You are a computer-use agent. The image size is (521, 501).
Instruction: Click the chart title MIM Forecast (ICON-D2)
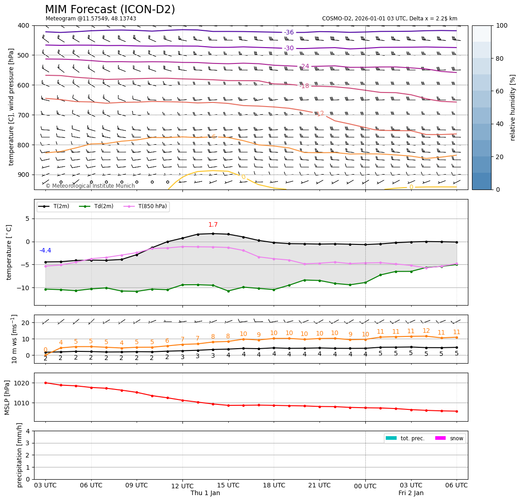[x=110, y=10]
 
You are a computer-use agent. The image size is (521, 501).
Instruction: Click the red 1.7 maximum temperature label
[x=213, y=225]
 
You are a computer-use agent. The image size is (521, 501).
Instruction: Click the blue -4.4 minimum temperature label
[x=45, y=251]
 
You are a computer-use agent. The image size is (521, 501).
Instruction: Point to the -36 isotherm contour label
[x=289, y=32]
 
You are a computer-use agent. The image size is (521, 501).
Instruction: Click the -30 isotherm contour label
[x=289, y=49]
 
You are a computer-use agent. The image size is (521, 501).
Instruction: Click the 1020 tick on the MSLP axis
[x=23, y=383]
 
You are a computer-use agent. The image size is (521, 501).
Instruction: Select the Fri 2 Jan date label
[x=411, y=493]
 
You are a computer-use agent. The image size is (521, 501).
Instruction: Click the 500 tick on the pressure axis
[x=23, y=55]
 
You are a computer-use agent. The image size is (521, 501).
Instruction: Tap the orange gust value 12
[x=426, y=331]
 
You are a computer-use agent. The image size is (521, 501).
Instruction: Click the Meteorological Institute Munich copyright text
[x=90, y=186]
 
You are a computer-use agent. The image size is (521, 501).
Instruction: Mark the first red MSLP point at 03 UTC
[x=45, y=383]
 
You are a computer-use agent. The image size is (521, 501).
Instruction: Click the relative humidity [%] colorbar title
[x=513, y=107]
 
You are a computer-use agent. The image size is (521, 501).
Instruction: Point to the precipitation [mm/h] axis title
[x=20, y=455]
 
